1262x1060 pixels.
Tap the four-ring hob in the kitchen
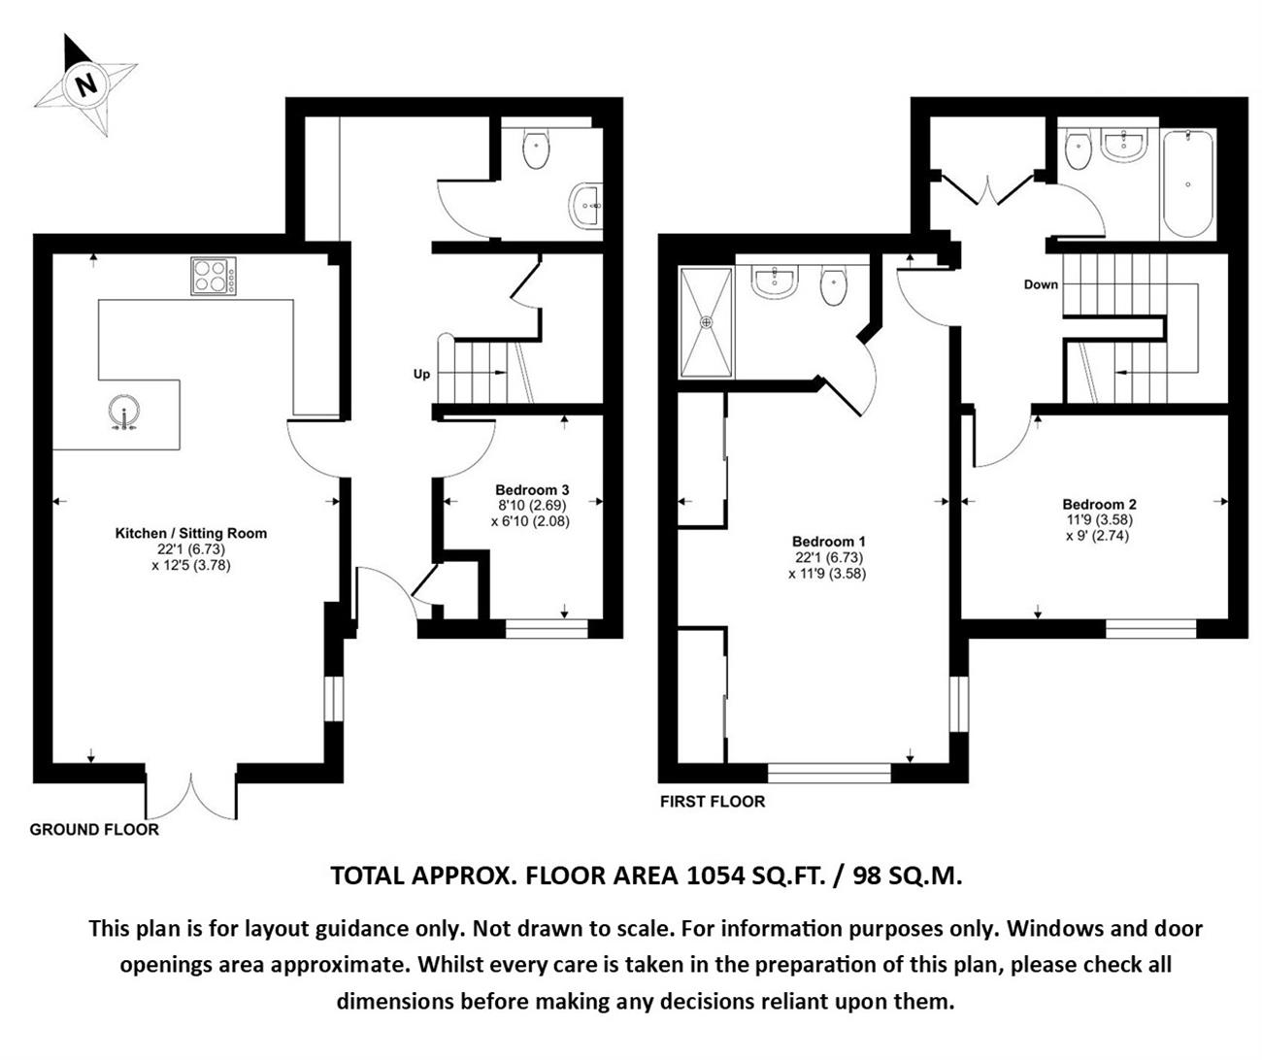[x=214, y=277]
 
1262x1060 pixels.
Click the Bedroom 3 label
[x=532, y=489]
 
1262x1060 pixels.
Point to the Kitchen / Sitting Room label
[x=191, y=533]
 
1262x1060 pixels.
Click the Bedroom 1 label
[x=829, y=542]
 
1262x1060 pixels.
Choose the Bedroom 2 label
[x=1100, y=504]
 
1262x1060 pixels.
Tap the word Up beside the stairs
[x=422, y=374]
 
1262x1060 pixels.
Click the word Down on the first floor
[x=1041, y=284]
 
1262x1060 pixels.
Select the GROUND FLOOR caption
[x=94, y=829]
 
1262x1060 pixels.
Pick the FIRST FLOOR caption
[x=713, y=802]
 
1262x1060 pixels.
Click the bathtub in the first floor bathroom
[x=1187, y=184]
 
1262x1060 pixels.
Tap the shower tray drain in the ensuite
[x=706, y=322]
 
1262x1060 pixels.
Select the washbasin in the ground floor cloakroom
[x=585, y=206]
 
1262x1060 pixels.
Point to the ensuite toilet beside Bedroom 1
[x=834, y=285]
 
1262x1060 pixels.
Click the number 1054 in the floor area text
[x=717, y=876]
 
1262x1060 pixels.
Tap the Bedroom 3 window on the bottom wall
[x=547, y=628]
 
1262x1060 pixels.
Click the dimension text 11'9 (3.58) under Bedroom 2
[x=1100, y=519]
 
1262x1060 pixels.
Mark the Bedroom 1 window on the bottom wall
[x=829, y=773]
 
